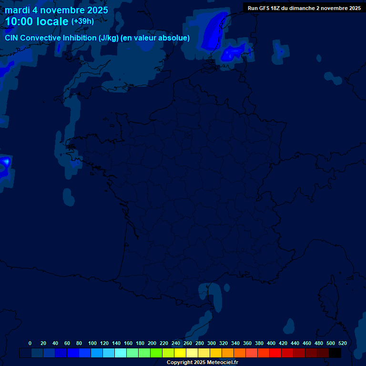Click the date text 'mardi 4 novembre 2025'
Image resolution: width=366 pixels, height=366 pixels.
coord(56,10)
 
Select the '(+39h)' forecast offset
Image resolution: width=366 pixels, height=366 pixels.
coord(82,21)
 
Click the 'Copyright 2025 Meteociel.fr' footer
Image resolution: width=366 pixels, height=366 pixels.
coord(202,363)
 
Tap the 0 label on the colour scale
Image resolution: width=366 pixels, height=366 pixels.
coord(30,343)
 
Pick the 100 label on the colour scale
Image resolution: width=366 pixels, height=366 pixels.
coord(92,343)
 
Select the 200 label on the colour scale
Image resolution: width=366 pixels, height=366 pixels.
coord(152,343)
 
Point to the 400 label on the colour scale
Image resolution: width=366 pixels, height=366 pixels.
coord(271,343)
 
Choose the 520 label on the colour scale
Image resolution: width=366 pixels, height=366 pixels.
coord(342,343)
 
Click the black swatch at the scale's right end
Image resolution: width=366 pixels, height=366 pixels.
coord(335,353)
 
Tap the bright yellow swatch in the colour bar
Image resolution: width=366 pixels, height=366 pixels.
coord(180,353)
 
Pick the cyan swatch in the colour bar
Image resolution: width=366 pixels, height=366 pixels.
coord(121,353)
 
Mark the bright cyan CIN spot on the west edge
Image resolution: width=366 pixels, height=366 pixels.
coord(6,162)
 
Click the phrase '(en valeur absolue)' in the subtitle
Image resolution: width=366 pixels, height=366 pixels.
coord(156,38)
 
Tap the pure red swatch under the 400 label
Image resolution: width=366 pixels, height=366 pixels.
coord(275,353)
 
